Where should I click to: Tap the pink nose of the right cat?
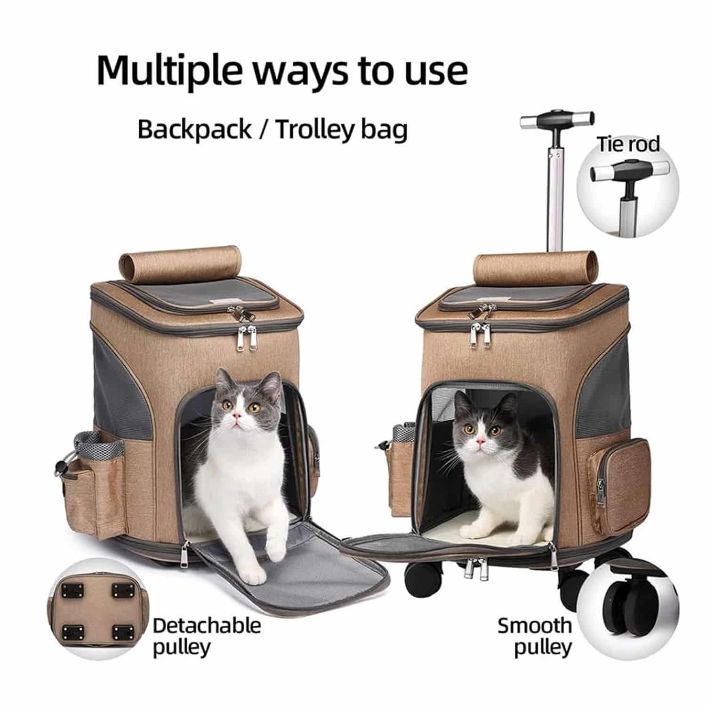(481, 441)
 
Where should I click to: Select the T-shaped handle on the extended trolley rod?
(556, 120)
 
